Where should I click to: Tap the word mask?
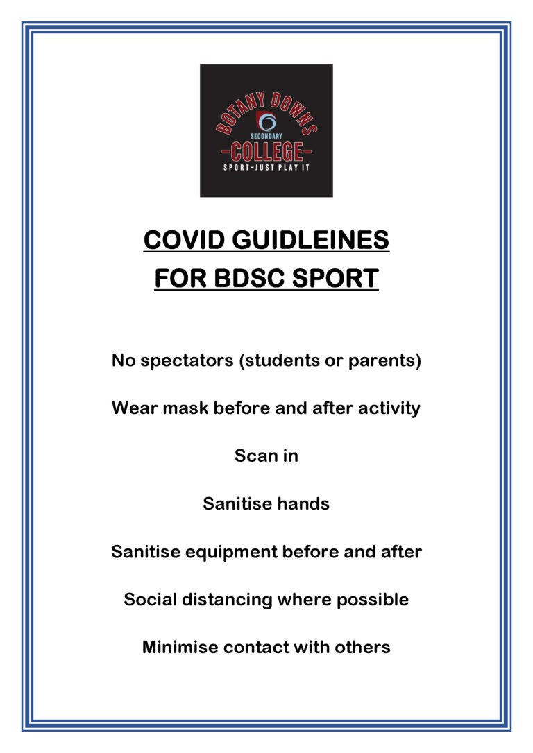186,408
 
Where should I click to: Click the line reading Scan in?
266,456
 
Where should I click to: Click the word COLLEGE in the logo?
266,150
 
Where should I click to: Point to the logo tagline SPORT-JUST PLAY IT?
266,168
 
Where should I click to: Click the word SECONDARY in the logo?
266,137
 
